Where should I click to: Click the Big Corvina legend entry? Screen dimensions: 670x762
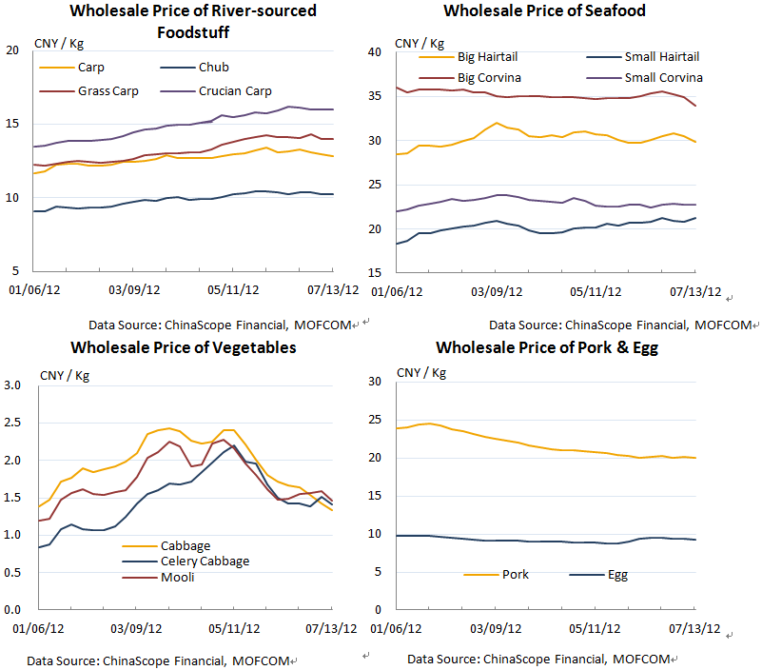coord(489,77)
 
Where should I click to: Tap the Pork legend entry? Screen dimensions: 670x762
coord(515,575)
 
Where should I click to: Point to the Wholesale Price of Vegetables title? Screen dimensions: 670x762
coord(183,347)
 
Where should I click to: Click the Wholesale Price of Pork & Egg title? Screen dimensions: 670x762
coord(547,347)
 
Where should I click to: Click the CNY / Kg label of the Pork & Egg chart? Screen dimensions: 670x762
coord(420,372)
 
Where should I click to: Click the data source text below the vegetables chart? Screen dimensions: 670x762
coord(160,660)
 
